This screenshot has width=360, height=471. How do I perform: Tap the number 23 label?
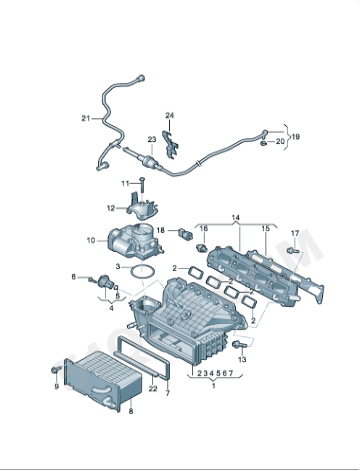pyautogui.click(x=151, y=139)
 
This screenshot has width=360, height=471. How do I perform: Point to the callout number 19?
pyautogui.click(x=295, y=134)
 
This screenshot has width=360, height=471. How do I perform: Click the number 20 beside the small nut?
pyautogui.click(x=280, y=142)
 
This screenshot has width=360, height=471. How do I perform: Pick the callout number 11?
pyautogui.click(x=127, y=183)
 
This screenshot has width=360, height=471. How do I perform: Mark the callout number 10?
pyautogui.click(x=90, y=240)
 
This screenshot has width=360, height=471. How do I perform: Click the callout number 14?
pyautogui.click(x=236, y=217)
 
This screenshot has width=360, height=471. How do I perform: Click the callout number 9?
pyautogui.click(x=56, y=386)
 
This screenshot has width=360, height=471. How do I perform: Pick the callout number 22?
pyautogui.click(x=152, y=386)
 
